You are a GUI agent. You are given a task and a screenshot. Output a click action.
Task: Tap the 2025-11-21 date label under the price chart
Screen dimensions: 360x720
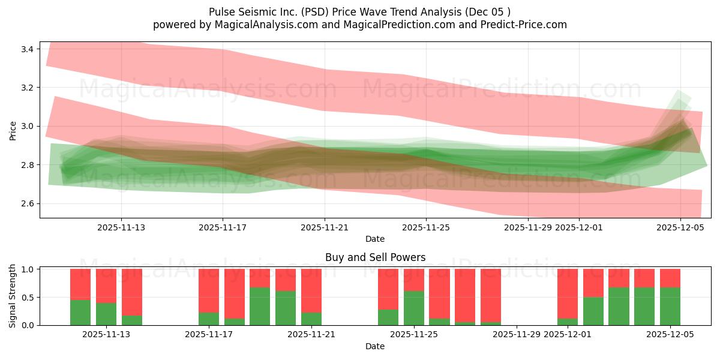[325, 227]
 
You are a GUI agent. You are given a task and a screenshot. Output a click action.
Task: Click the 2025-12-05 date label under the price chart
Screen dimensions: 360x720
[680, 227]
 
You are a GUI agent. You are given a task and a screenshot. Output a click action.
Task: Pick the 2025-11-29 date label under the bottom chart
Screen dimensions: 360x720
[517, 335]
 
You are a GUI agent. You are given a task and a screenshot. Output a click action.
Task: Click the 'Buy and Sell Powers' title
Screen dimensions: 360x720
[375, 257]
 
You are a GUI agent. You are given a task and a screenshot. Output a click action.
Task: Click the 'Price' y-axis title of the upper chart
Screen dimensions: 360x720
[13, 130]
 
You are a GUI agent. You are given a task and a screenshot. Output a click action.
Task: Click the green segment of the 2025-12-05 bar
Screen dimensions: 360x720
[670, 306]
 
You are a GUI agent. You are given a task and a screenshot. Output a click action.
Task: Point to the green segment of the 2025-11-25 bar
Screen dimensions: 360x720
[414, 308]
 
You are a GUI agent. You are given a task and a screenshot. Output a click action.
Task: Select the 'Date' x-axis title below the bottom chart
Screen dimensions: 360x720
[375, 346]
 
